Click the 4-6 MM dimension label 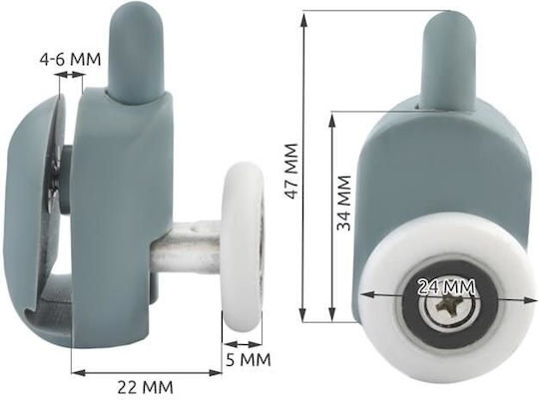tap(71, 60)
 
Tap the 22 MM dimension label tap(146, 387)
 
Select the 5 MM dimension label tap(249, 360)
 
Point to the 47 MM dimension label tap(290, 172)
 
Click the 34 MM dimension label tap(343, 202)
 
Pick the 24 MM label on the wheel tap(446, 287)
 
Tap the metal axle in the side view tap(186, 245)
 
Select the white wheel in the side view tap(243, 249)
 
